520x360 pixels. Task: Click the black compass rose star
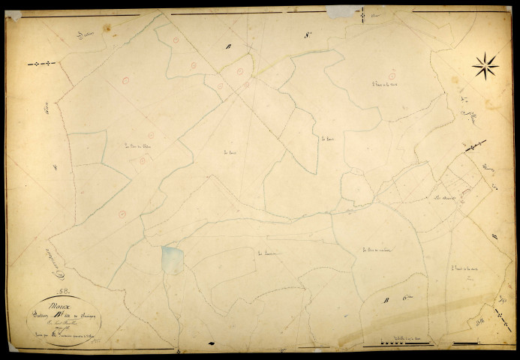click(485, 67)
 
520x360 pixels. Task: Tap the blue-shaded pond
click(172, 258)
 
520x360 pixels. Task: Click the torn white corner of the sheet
click(14, 15)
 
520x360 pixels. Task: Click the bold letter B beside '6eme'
click(386, 302)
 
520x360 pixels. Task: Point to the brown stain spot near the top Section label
click(108, 28)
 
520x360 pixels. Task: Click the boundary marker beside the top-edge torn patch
click(363, 14)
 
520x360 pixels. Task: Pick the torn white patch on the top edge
click(342, 11)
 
